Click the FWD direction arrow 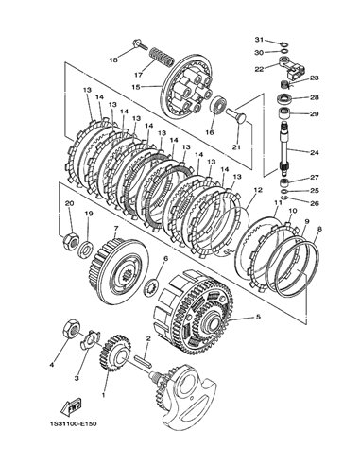click(71, 407)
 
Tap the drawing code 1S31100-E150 click(73, 424)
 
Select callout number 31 click(259, 40)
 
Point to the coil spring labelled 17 click(161, 57)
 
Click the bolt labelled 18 click(141, 44)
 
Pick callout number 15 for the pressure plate click(136, 86)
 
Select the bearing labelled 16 click(217, 105)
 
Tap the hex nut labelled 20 click(71, 242)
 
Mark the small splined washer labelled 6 click(151, 287)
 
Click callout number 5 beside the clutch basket click(258, 317)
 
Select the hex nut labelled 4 click(71, 330)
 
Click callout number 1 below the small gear click(104, 394)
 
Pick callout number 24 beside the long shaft click(315, 152)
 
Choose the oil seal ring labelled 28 click(285, 99)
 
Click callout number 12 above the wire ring click(258, 190)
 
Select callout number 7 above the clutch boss click(116, 228)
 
